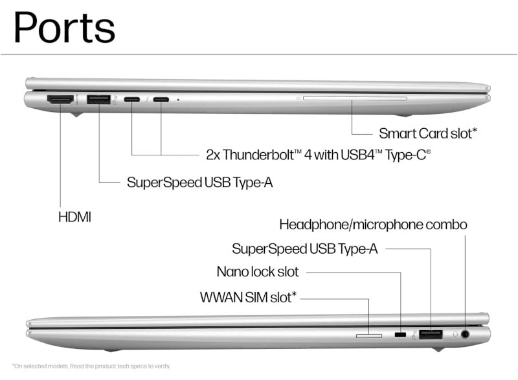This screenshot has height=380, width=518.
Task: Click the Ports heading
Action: click(64, 27)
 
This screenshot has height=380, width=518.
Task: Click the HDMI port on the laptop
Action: click(60, 100)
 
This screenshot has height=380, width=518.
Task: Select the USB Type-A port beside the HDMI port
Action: click(98, 100)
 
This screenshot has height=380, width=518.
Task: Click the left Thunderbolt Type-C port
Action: click(132, 100)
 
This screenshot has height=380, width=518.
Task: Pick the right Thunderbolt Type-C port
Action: click(161, 100)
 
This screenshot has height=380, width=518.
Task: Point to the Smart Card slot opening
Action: click(354, 99)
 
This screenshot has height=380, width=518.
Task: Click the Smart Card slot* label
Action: click(428, 133)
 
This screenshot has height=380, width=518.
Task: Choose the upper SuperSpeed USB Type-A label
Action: click(199, 183)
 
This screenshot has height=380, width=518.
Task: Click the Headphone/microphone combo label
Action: click(373, 225)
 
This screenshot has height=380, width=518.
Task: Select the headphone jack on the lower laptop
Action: click(464, 334)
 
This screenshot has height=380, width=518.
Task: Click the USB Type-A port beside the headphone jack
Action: click(431, 334)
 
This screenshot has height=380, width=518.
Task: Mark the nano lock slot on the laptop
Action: click(401, 335)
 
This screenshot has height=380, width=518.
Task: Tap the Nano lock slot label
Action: click(258, 272)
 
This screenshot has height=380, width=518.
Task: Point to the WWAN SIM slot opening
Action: click(368, 335)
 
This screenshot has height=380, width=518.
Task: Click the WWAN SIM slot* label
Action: click(249, 297)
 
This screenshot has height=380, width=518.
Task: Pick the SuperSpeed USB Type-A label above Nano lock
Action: click(304, 249)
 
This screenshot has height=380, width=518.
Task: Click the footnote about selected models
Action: click(91, 366)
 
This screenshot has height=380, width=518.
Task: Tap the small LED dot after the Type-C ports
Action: click(178, 100)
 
